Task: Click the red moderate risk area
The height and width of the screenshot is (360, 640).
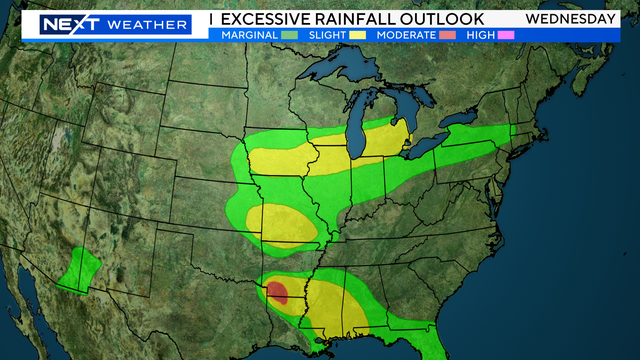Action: [277, 292]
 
